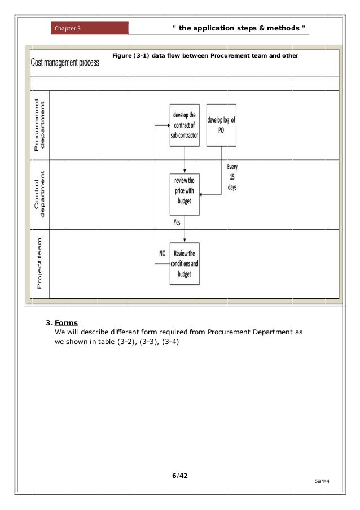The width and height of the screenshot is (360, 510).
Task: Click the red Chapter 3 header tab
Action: pyautogui.click(x=89, y=28)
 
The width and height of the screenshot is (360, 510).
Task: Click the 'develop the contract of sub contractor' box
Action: pyautogui.click(x=185, y=125)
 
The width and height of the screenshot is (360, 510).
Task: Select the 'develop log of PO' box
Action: pyautogui.click(x=221, y=125)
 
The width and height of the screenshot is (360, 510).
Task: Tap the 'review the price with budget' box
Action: pyautogui.click(x=185, y=194)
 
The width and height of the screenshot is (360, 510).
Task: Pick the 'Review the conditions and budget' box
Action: pyautogui.click(x=185, y=264)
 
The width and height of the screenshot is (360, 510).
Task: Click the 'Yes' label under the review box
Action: pyautogui.click(x=177, y=223)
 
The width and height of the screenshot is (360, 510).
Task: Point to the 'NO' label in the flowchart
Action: pyautogui.click(x=162, y=254)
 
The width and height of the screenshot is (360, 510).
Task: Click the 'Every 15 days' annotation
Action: pyautogui.click(x=232, y=177)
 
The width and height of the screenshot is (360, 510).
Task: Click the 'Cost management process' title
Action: pyautogui.click(x=64, y=63)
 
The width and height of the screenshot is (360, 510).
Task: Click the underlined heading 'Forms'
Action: pyautogui.click(x=66, y=324)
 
